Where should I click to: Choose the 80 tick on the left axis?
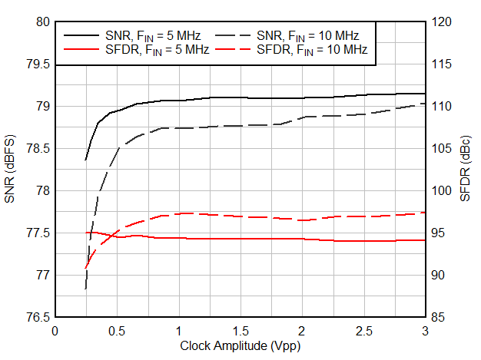[41, 22]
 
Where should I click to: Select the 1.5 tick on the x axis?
[240, 331]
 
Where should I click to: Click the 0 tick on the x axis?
[55, 331]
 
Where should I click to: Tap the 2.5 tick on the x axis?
[363, 331]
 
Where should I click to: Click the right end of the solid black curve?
[425, 94]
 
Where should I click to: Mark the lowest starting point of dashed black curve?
[85, 289]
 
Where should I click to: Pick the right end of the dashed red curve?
[425, 213]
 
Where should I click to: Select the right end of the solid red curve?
[425, 240]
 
